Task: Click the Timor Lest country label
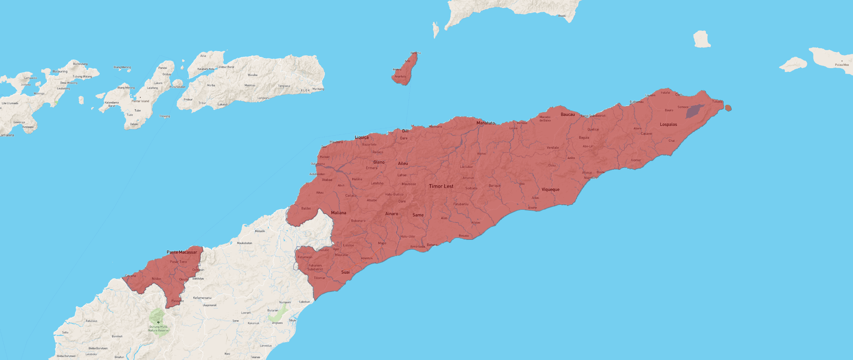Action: tap(441, 186)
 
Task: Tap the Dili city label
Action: tap(405, 131)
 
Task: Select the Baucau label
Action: tap(568, 114)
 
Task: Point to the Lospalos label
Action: tap(668, 124)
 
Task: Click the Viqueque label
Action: tap(550, 189)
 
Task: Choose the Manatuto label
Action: tap(485, 123)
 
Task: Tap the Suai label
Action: tap(345, 272)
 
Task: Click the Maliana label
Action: tap(339, 213)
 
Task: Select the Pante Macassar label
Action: tap(182, 252)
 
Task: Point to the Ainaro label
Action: tap(392, 214)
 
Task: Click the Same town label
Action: tap(418, 215)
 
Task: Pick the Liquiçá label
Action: tap(362, 137)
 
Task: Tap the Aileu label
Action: tap(403, 163)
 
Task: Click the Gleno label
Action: tap(379, 162)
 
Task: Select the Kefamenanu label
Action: tap(202, 298)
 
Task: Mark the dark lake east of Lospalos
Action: tap(694, 111)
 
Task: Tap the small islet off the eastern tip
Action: tap(728, 108)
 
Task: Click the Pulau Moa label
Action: tap(841, 65)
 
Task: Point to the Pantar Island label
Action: tap(140, 101)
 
